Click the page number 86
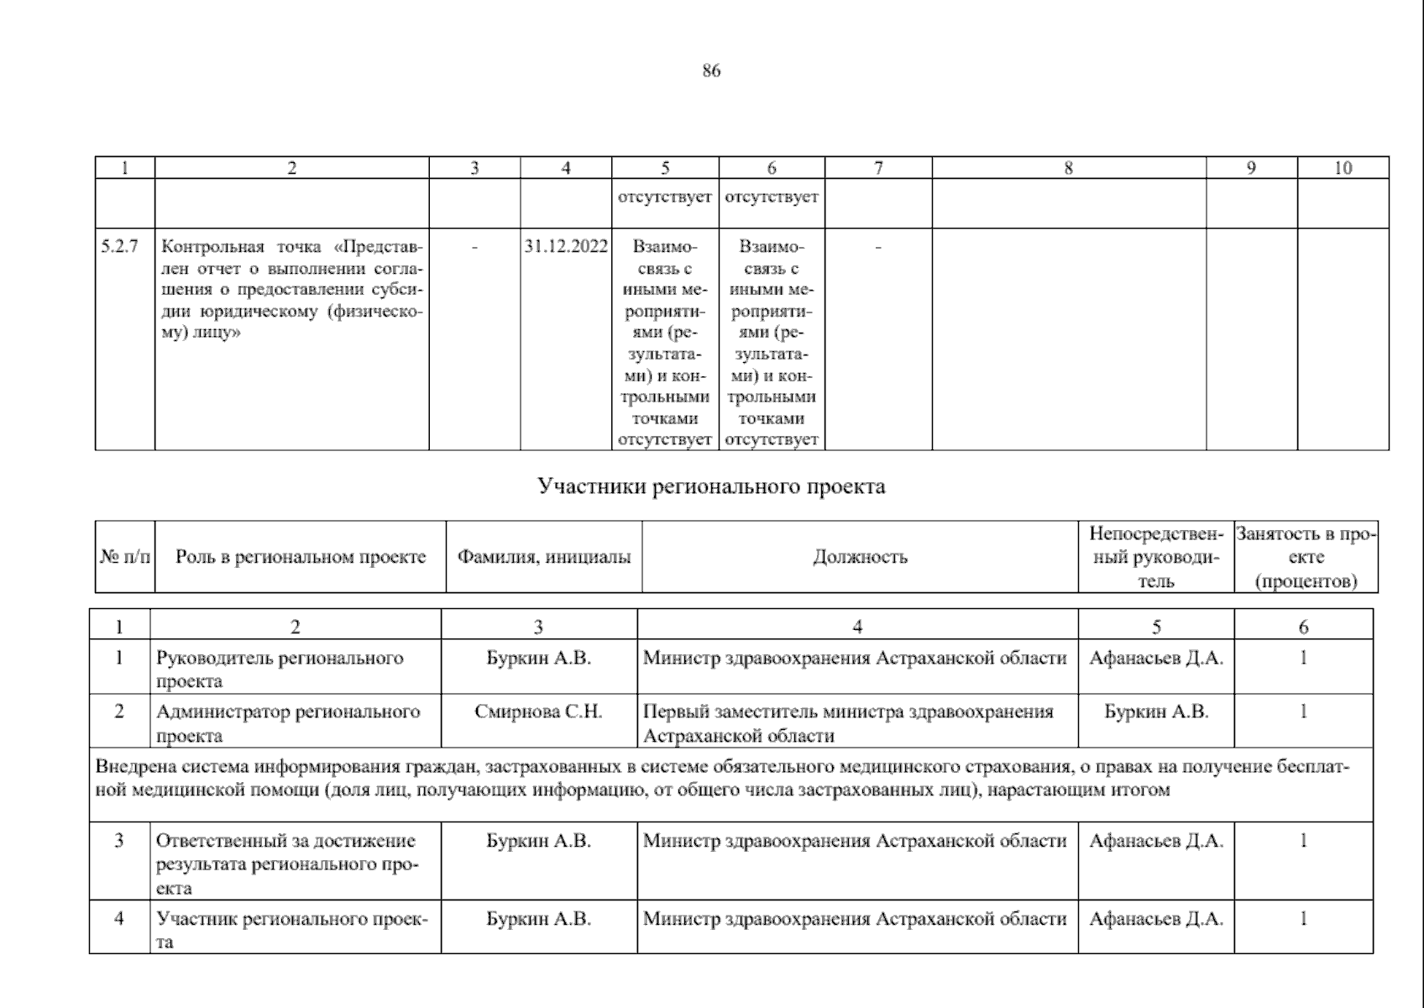[711, 71]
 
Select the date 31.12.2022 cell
[566, 247]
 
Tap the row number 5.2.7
[119, 247]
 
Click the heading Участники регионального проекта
[711, 486]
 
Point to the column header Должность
[860, 557]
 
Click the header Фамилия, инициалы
[543, 557]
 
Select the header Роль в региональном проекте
[301, 557]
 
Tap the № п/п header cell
[124, 557]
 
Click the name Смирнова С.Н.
[538, 711]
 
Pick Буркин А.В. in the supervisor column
[1156, 711]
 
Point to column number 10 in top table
[1343, 167]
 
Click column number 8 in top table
[1068, 167]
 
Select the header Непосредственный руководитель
[1156, 557]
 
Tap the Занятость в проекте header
[1306, 557]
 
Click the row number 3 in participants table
[119, 840]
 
